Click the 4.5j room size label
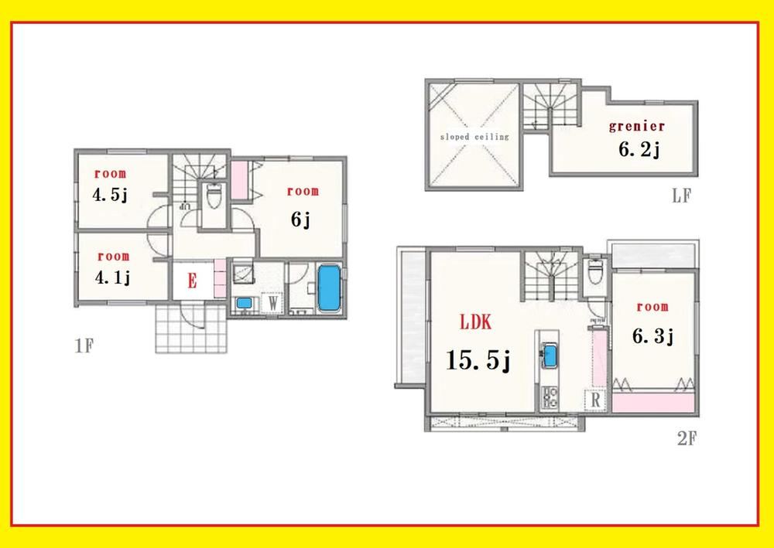pos(110,195)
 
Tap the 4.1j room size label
pos(113,277)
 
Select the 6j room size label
pos(300,220)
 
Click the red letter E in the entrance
pos(192,281)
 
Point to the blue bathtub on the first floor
pos(329,288)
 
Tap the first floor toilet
pos(214,196)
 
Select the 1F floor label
pos(84,346)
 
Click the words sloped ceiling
pos(474,137)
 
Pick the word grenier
pos(637,126)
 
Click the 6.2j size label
pos(639,149)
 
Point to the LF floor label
pos(682,196)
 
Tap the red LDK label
pos(476,322)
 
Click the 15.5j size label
pos(478,359)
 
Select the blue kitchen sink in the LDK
pos(550,356)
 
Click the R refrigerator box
pos(596,400)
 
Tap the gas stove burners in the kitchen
pos(550,397)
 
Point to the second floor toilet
pos(595,271)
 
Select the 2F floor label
pos(687,438)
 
